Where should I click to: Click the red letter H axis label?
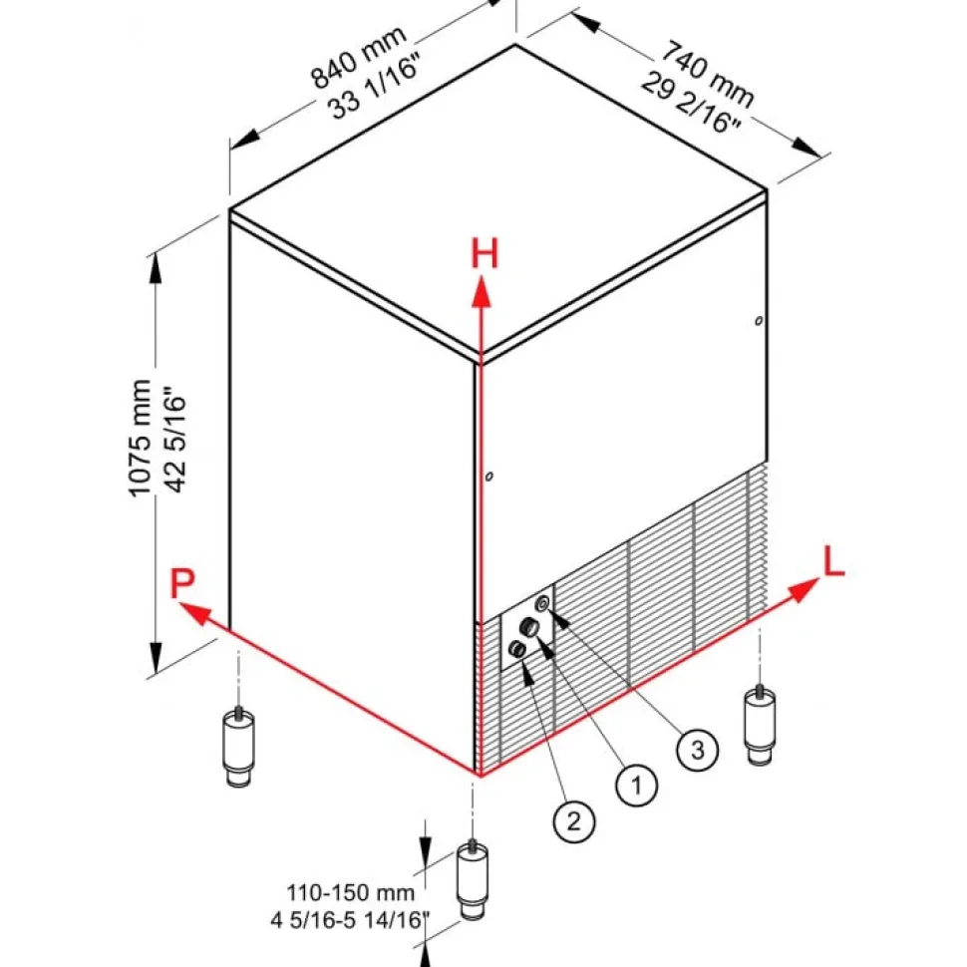(484, 255)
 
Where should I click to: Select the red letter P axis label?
(180, 584)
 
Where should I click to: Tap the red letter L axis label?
(833, 563)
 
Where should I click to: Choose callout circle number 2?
(574, 820)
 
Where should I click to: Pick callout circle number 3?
(698, 750)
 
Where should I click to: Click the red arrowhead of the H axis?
(482, 290)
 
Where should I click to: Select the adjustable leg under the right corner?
(761, 723)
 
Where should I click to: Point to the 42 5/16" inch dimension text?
(176, 439)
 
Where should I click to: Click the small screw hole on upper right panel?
(759, 320)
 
